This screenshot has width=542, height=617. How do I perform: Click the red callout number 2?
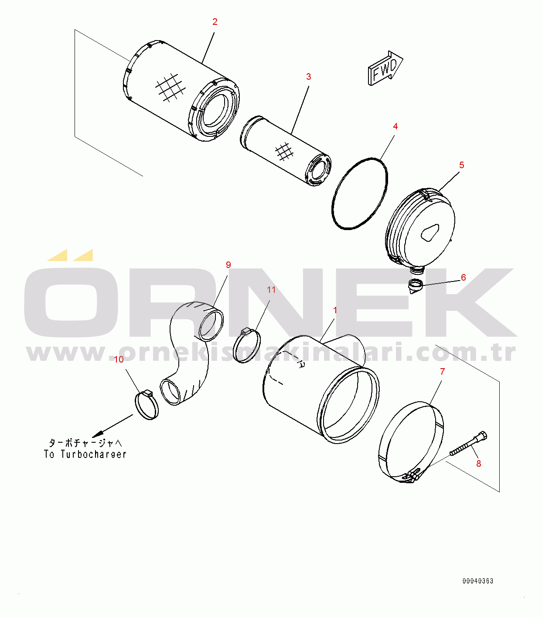pyautogui.click(x=215, y=22)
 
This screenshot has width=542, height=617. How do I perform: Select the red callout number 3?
pyautogui.click(x=308, y=77)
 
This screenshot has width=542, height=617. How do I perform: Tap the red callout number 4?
pyautogui.click(x=395, y=126)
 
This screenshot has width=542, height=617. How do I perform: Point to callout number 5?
pyautogui.click(x=461, y=165)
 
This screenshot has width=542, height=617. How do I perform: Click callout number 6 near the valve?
pyautogui.click(x=464, y=278)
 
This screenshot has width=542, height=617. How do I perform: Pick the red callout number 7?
pyautogui.click(x=442, y=372)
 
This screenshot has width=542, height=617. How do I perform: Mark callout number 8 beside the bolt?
pyautogui.click(x=479, y=464)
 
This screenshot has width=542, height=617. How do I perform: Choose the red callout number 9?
pyautogui.click(x=228, y=265)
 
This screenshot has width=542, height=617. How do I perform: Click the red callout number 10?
pyautogui.click(x=119, y=359)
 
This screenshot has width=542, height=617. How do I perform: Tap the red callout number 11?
pyautogui.click(x=271, y=290)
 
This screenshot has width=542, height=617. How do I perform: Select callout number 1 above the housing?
pyautogui.click(x=335, y=310)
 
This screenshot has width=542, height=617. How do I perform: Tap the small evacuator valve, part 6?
pyautogui.click(x=415, y=286)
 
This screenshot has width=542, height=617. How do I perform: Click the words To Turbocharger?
pyautogui.click(x=85, y=454)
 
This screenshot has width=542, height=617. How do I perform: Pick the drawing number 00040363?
pyautogui.click(x=477, y=581)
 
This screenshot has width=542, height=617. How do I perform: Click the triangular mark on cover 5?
pyautogui.click(x=430, y=233)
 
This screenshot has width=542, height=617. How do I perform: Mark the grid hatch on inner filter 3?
pyautogui.click(x=284, y=151)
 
